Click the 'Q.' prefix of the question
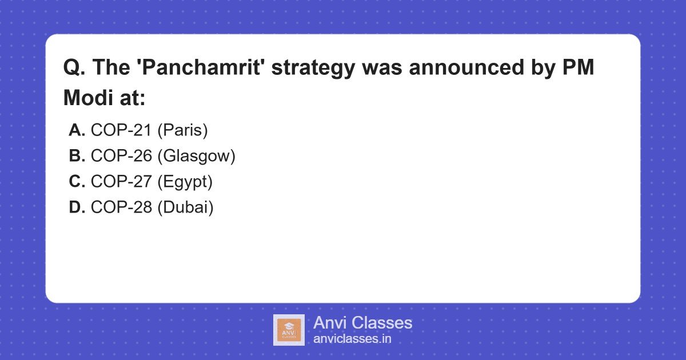click(x=74, y=68)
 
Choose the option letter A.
click(x=77, y=131)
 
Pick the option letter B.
click(x=77, y=156)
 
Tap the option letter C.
click(x=77, y=182)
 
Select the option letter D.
click(x=77, y=207)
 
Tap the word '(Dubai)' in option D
click(x=185, y=207)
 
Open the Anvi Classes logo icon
click(x=289, y=330)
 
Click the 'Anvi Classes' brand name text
click(x=362, y=323)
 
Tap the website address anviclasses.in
click(x=352, y=339)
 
